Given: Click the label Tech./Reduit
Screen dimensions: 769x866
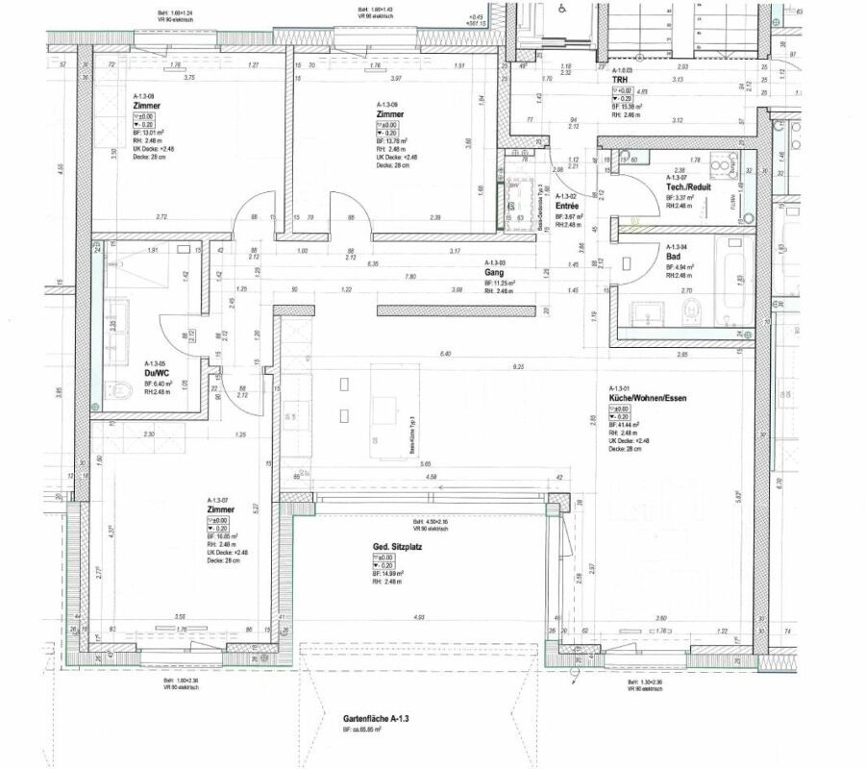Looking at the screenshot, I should tap(689, 187).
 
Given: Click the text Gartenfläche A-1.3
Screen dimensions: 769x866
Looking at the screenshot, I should tap(376, 718).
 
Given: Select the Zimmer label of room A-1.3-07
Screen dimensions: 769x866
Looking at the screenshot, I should tap(221, 509).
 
